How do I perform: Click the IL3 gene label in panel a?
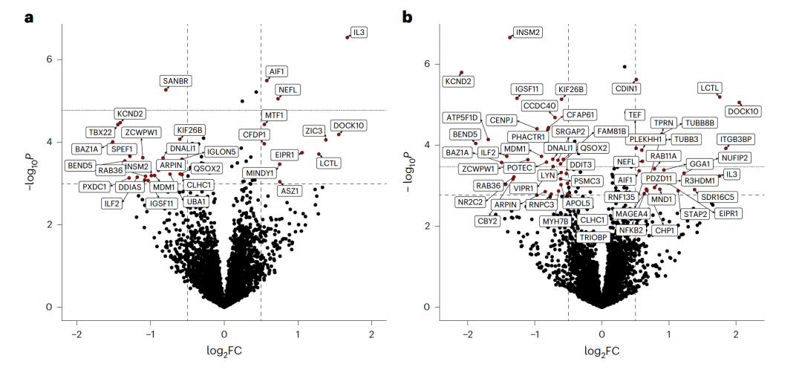pyautogui.click(x=359, y=33)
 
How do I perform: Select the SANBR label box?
pyautogui.click(x=176, y=80)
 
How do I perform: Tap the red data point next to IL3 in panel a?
pyautogui.click(x=348, y=37)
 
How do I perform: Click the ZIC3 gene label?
pyautogui.click(x=314, y=131)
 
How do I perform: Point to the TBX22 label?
pyautogui.click(x=100, y=132)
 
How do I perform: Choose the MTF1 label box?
pyautogui.click(x=274, y=115)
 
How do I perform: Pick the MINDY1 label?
pyautogui.click(x=259, y=173)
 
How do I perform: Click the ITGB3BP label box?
pyautogui.click(x=737, y=139)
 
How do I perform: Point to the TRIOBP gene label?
pyautogui.click(x=594, y=237)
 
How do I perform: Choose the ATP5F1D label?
pyautogui.click(x=463, y=117)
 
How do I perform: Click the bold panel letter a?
pyautogui.click(x=30, y=16)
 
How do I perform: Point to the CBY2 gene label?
pyautogui.click(x=487, y=221)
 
